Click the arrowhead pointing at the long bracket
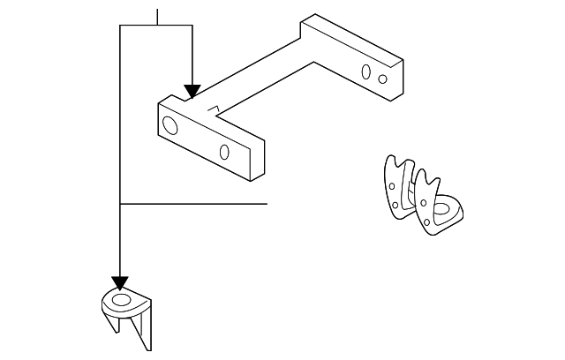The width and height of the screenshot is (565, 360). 192,92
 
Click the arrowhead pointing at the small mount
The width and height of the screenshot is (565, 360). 119,283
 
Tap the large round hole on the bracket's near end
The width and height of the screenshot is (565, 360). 170,126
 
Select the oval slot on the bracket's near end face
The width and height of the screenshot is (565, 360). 224,152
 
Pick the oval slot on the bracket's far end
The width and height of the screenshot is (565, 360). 366,71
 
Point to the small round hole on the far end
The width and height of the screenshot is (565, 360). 382,79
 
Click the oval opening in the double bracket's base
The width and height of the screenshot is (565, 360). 445,211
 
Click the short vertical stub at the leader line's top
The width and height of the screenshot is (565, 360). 157,17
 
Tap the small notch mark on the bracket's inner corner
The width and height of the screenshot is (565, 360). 212,109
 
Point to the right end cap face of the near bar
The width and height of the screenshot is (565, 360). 258,158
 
